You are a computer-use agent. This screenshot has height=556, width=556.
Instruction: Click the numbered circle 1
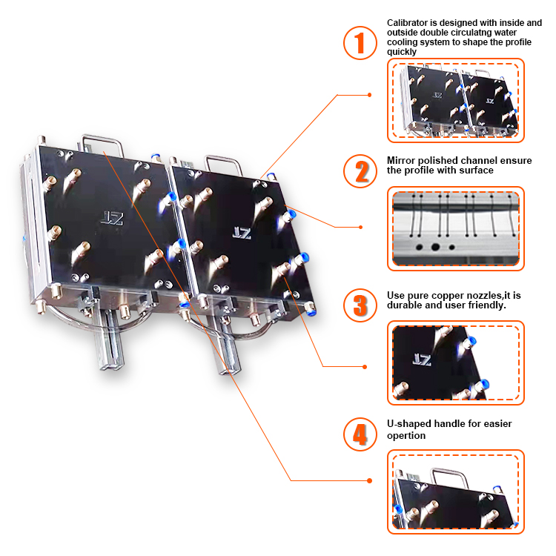(x=360, y=43)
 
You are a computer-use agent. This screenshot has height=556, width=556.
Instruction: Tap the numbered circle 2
(x=360, y=171)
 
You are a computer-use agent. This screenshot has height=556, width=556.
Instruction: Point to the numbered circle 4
(x=360, y=434)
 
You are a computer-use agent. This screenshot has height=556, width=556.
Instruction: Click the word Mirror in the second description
(x=400, y=160)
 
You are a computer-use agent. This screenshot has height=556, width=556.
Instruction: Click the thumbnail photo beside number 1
(x=455, y=100)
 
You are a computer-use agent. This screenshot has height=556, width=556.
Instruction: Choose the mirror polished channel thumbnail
(x=455, y=228)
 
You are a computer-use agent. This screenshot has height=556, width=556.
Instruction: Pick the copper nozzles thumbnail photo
(x=455, y=363)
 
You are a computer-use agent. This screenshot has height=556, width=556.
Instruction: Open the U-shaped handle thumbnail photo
(x=455, y=491)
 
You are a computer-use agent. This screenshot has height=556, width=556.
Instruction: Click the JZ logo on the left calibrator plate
(x=112, y=217)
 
